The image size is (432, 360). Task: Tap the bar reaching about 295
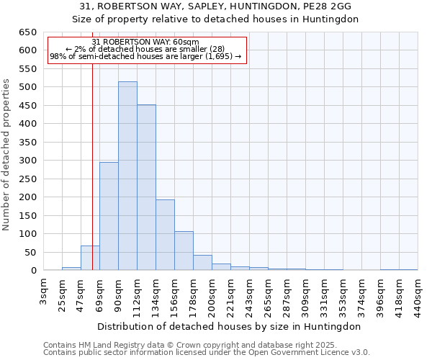(109, 216)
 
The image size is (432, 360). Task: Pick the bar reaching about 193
(165, 235)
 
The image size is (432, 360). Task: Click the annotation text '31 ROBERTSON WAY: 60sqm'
(146, 42)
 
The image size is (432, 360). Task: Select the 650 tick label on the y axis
(27, 32)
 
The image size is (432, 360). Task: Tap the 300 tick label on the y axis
(27, 161)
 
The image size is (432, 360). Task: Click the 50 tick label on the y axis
(30, 253)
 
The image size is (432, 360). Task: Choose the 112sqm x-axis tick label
(138, 295)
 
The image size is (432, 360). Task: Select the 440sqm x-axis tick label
(418, 295)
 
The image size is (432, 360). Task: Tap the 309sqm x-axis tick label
(306, 295)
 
